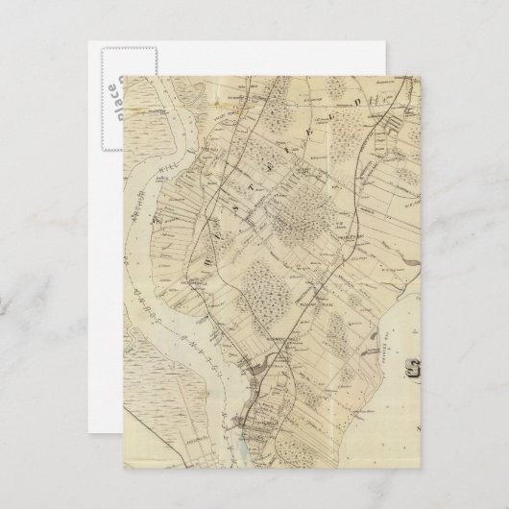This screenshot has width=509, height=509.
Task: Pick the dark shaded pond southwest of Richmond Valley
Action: click(x=252, y=365)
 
